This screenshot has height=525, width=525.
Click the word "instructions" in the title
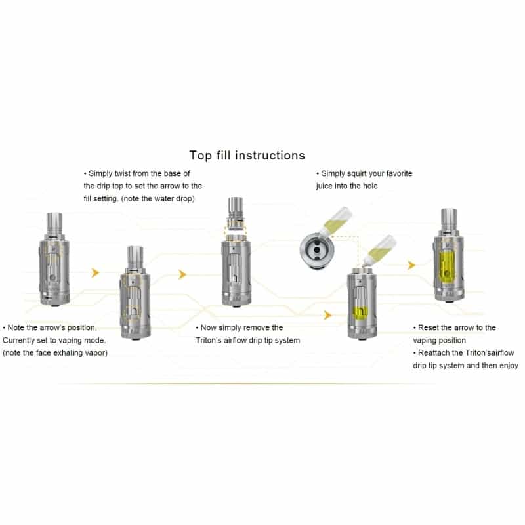[270, 156]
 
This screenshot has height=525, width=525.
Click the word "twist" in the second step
[123, 173]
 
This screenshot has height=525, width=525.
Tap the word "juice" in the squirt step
[324, 186]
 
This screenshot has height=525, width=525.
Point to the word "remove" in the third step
[257, 327]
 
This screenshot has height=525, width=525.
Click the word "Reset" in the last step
[428, 327]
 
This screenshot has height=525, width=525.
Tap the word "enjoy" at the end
[509, 366]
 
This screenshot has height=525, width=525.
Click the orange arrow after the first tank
[95, 272]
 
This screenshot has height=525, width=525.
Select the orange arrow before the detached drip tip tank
[182, 274]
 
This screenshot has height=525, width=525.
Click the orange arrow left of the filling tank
[327, 315]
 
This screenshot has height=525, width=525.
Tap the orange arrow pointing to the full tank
[411, 265]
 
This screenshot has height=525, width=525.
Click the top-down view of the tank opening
[317, 250]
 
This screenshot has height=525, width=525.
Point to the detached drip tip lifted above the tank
[235, 213]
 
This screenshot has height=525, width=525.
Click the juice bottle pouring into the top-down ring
[336, 221]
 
